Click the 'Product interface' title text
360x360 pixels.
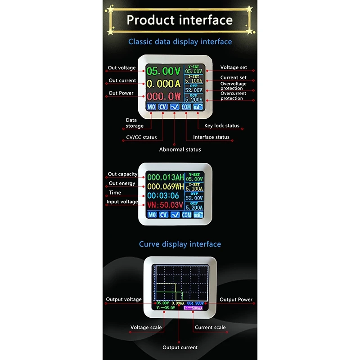(180, 20)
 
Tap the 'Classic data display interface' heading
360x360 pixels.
(180, 42)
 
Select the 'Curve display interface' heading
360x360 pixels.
(180, 244)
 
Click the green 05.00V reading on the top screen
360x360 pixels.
(163, 71)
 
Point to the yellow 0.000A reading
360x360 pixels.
(163, 84)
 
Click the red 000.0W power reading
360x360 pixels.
(163, 96)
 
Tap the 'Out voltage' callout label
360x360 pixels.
(121, 68)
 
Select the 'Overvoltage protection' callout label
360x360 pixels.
(233, 86)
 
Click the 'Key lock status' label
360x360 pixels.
(222, 126)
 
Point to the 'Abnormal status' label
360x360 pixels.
(180, 149)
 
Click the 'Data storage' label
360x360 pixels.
(134, 123)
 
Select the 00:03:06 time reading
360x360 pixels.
(163, 196)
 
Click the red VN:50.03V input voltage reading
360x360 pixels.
(165, 206)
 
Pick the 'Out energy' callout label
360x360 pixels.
(121, 184)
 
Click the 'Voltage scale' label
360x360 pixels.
(146, 328)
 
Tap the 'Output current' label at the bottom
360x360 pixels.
(180, 347)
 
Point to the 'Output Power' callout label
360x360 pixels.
(236, 300)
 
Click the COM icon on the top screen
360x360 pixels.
(186, 107)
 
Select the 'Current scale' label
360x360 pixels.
(210, 328)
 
